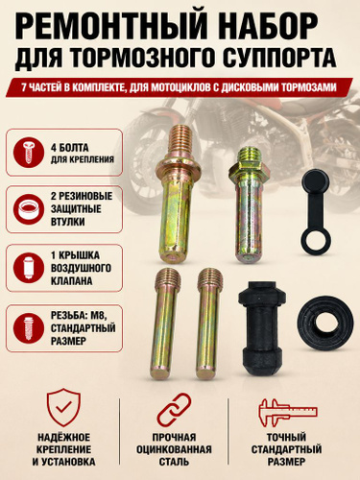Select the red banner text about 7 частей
[x=179, y=87]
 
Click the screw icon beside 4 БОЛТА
[x=29, y=152]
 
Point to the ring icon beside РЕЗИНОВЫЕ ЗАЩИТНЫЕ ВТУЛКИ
[x=29, y=209]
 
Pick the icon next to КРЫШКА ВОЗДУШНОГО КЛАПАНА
[x=29, y=268]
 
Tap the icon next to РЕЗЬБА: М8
[x=29, y=328]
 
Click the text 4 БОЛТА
[x=70, y=148]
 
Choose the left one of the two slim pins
[x=163, y=324]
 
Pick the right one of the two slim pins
[x=209, y=324]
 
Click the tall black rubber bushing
[x=262, y=327]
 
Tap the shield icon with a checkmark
[x=63, y=407]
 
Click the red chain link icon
[x=175, y=410]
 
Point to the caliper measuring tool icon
[x=287, y=412]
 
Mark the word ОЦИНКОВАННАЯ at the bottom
[x=174, y=449]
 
